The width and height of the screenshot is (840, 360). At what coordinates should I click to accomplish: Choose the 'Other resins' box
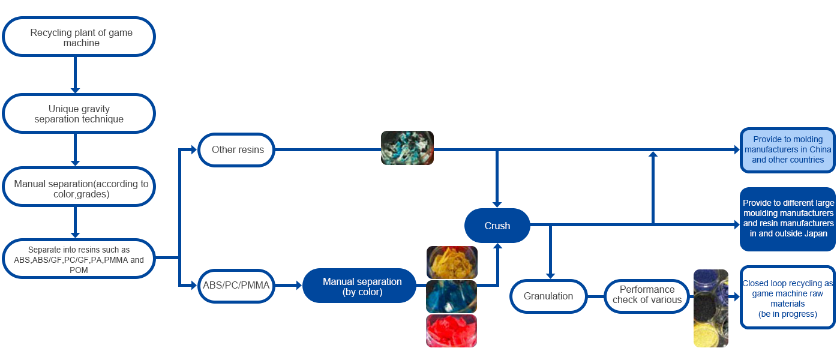point(238,149)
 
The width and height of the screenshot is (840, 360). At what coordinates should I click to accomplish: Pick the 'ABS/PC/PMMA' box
point(236,286)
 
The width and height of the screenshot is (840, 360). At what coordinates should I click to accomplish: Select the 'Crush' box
point(497,226)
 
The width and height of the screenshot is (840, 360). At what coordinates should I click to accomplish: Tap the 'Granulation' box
point(548,296)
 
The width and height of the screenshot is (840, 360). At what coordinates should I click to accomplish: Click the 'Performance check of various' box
point(647,295)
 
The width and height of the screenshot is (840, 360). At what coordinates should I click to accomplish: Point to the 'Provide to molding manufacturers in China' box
point(788,150)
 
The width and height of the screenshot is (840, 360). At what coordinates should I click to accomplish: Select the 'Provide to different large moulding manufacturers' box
point(788,218)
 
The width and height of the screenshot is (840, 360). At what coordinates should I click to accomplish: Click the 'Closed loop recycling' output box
point(788,298)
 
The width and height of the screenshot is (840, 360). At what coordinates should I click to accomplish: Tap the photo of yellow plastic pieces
point(452,262)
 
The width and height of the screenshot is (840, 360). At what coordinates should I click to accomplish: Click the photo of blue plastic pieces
point(451,296)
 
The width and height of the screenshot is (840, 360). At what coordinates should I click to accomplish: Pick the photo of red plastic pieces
point(451,331)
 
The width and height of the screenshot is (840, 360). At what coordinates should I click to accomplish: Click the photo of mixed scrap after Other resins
point(407,148)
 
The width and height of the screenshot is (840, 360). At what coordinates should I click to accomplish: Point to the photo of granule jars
point(710,308)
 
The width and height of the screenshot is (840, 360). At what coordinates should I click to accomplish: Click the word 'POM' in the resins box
point(79,270)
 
